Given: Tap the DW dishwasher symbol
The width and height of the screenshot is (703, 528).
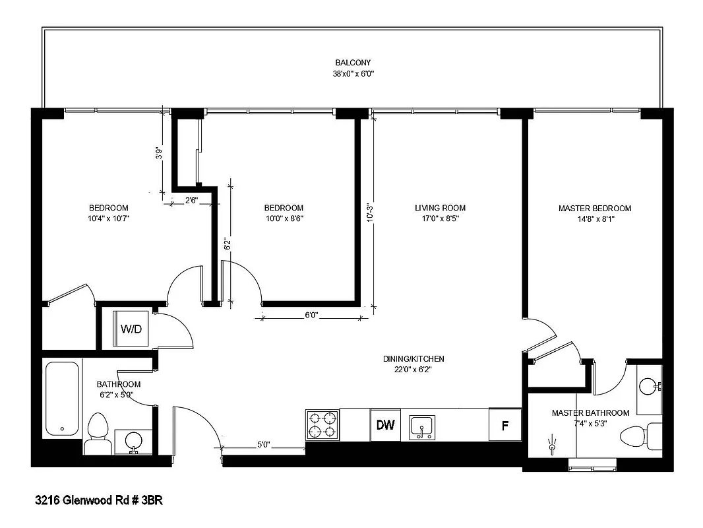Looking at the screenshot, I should coord(385,425).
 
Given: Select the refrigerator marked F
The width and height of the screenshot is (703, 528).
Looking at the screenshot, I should coord(504,425).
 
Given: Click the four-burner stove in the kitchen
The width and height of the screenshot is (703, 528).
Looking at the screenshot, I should coord(322,425).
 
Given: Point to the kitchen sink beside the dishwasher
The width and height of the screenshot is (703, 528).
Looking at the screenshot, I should coord(421,426).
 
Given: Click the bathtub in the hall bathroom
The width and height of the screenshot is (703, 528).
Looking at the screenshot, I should coord(63,397).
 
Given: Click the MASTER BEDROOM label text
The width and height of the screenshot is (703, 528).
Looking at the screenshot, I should coord(594,208).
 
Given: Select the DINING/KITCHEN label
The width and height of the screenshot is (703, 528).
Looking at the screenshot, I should coord(413,359).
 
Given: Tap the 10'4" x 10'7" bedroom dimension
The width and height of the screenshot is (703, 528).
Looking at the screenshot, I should coord(108,218).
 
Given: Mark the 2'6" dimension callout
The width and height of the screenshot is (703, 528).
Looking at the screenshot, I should coord(191,199).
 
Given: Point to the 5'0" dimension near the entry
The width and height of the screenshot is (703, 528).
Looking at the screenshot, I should coord(262,444).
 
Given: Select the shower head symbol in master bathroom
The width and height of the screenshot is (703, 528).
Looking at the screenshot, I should coord(551,447).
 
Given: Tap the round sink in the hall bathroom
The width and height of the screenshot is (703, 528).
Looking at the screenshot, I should coord(133,439).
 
